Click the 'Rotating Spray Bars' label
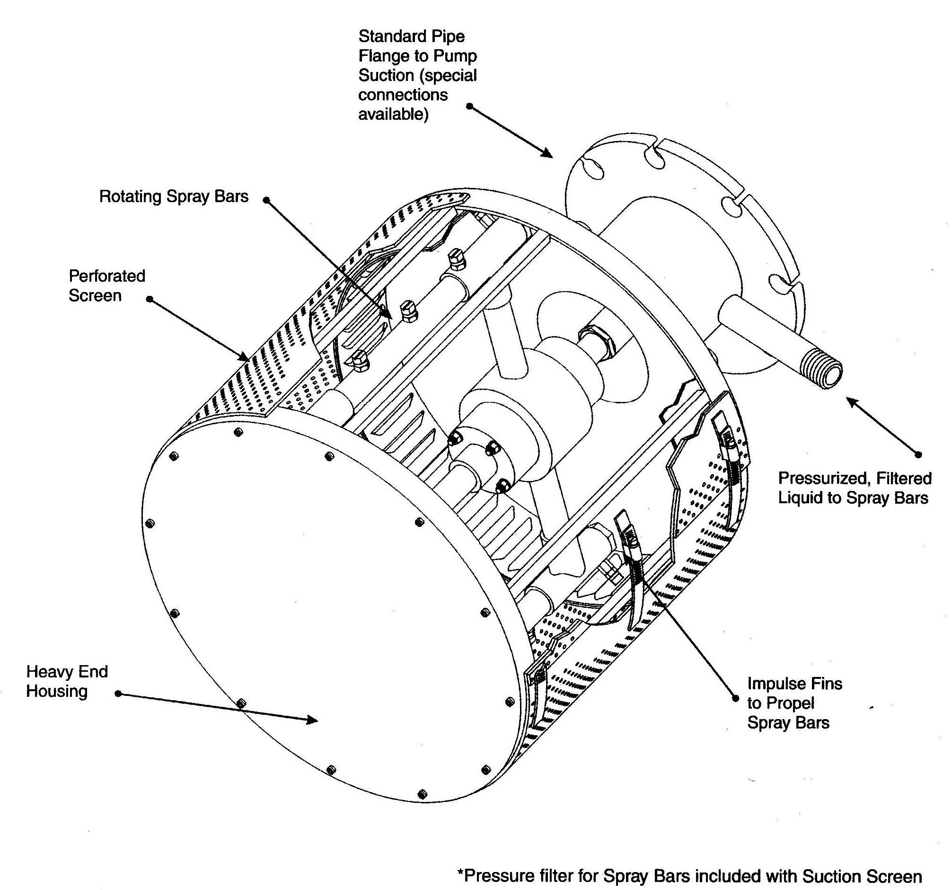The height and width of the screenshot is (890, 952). tap(174, 196)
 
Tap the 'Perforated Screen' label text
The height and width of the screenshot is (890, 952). tap(106, 285)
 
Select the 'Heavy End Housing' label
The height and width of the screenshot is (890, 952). tap(67, 681)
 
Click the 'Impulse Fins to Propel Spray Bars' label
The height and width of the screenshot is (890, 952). tap(794, 703)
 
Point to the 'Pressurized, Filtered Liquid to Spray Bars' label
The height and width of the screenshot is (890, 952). tap(855, 488)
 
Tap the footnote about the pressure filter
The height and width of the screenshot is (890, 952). tap(689, 876)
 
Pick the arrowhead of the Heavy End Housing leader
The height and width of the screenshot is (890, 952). tap(314, 720)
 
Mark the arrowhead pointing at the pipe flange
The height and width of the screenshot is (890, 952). tap(548, 154)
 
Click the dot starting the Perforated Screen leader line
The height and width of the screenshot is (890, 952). tap(150, 299)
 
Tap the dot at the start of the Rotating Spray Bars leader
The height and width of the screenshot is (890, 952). tap(267, 200)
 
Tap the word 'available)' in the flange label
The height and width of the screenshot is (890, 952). tap(393, 115)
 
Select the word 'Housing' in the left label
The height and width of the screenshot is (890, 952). tap(56, 691)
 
